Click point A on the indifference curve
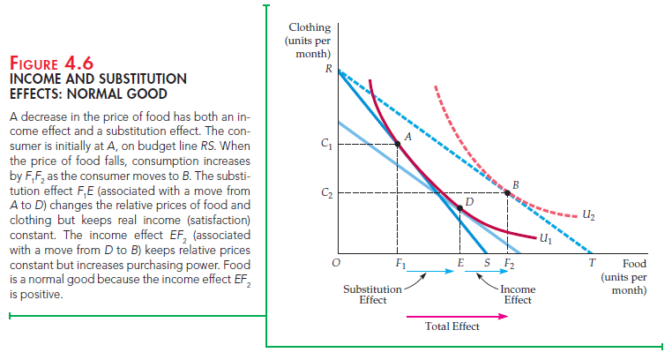point(398,143)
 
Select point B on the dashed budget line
point(506,192)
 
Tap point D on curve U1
point(460,209)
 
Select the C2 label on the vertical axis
point(327,192)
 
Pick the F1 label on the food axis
point(400,264)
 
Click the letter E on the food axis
point(460,264)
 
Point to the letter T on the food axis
point(593,263)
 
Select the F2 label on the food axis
point(509,264)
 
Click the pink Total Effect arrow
point(458,311)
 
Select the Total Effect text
point(452,326)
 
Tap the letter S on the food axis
point(487,263)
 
